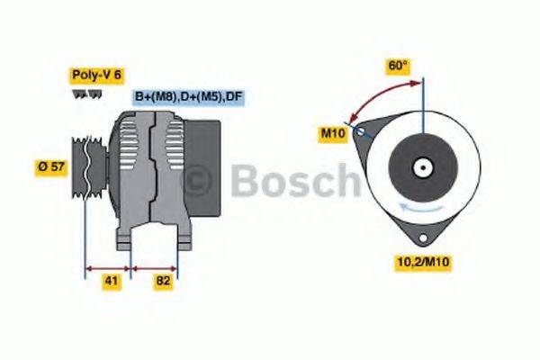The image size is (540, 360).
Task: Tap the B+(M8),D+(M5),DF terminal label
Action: pos(188,95)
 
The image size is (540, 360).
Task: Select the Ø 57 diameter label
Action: pos(50,166)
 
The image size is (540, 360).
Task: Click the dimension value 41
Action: pos(109,281)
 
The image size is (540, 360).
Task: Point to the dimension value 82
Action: pos(164,281)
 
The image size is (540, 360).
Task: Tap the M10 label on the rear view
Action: pos(332,133)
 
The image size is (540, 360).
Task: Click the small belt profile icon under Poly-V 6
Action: pos(81,94)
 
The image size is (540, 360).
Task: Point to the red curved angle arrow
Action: pos(378,94)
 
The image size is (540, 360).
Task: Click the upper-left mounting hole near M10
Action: pos(361,131)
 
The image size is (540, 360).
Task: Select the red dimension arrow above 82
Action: pos(155,267)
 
